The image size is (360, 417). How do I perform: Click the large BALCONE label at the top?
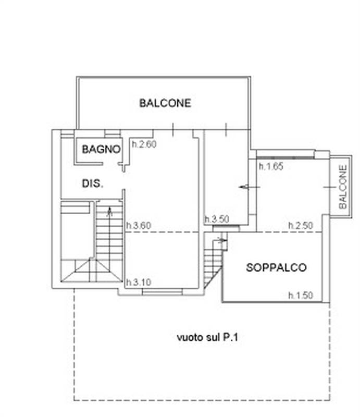coord(165,103)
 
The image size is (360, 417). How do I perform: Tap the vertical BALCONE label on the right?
coord(342,187)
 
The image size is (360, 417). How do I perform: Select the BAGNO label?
coord(101,149)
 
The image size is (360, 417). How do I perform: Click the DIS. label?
coord(93,183)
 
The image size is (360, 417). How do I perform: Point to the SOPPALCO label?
coord(276,268)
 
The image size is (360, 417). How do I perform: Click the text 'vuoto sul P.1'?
coord(207,337)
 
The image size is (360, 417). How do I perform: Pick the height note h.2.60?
coord(143,145)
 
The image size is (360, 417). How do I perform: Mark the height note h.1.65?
coord(270,167)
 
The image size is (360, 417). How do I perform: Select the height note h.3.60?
coord(139,226)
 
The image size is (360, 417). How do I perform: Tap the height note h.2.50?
coord(301,225)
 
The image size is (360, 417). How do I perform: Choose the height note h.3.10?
coord(139,282)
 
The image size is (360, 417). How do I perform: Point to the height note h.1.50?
coord(301,295)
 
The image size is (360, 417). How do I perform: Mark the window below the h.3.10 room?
coord(162,292)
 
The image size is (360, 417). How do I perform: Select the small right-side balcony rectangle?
coord(341,185)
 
